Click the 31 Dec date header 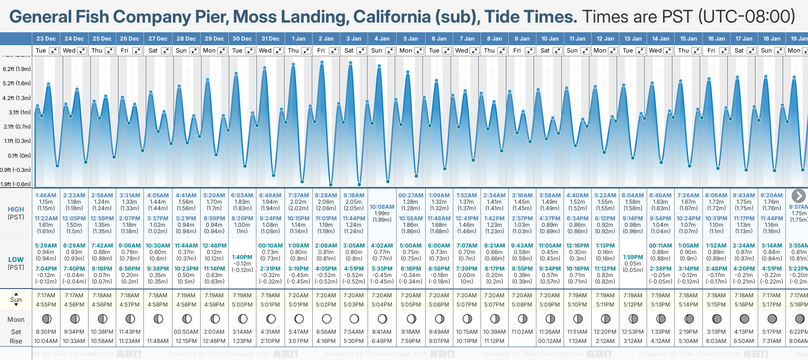click(270, 39)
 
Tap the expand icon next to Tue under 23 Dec click(54, 51)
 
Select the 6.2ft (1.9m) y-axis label click(17, 69)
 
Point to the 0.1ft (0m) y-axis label click(17, 156)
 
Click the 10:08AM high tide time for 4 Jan click(382, 207)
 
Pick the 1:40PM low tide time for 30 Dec click(242, 257)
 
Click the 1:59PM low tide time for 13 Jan click(633, 257)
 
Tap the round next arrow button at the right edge click(798, 196)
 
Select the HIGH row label click(16, 209)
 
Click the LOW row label click(16, 260)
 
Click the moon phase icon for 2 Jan click(327, 319)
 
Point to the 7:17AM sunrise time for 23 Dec click(46, 295)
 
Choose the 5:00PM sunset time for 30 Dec click(242, 305)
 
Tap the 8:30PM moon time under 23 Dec click(46, 332)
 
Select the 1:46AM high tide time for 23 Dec click(46, 195)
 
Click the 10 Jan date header click(550, 39)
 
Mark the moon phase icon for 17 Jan click(744, 319)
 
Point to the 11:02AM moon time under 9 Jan click(522, 332)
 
